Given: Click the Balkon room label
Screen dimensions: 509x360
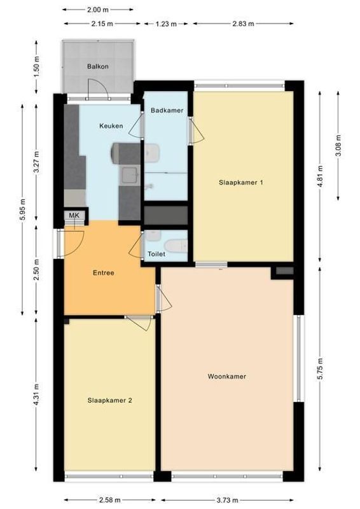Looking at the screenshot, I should coord(98,66).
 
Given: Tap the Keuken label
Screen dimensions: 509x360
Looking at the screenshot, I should coord(111,126).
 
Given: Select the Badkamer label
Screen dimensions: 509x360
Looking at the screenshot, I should coord(167,111).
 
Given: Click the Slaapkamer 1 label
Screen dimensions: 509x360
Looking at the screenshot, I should coord(241,183).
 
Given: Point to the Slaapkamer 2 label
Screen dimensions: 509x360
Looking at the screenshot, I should coord(110,400).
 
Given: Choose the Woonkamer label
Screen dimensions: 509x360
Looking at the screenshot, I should coord(226,376).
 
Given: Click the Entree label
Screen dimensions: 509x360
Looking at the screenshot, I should coord(103,273).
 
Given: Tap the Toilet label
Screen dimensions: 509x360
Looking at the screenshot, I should coord(156,254).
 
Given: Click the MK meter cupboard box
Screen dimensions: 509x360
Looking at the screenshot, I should coord(74,216).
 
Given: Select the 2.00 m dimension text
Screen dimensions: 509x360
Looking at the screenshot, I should coord(98,10).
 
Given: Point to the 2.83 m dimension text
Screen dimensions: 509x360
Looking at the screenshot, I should coord(242,24).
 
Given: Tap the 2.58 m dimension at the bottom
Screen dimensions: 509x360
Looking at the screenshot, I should coord(109,501).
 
